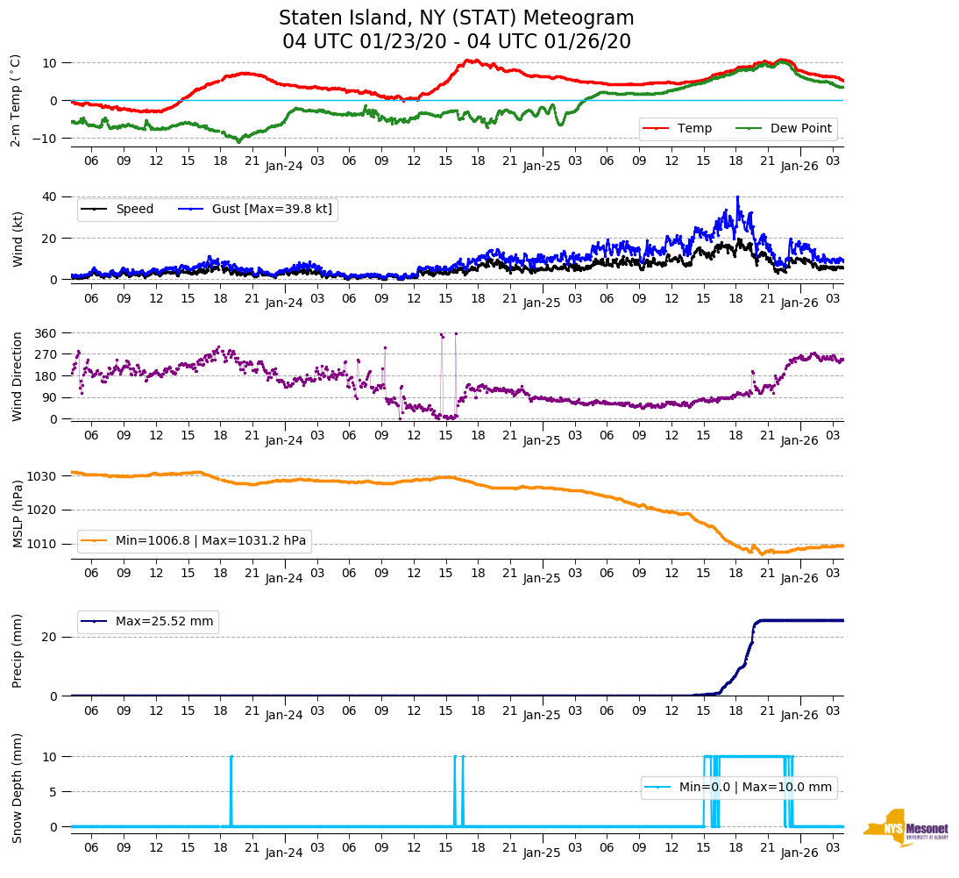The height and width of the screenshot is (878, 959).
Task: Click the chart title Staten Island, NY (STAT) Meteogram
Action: pos(456,18)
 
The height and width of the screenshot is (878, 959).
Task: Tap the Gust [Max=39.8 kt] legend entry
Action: pos(272,209)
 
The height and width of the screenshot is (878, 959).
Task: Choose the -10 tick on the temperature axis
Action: pos(47,139)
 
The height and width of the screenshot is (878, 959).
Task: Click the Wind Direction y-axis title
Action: pos(18,375)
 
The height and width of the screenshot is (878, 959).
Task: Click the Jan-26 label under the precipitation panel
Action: pos(799,715)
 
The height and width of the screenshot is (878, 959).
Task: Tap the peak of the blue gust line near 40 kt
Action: pos(737,197)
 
